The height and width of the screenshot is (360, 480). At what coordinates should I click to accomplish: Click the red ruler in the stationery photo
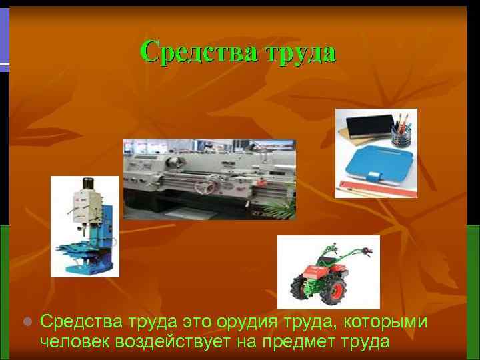[377, 189]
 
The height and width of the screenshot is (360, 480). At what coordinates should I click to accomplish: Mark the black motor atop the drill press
[87, 185]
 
